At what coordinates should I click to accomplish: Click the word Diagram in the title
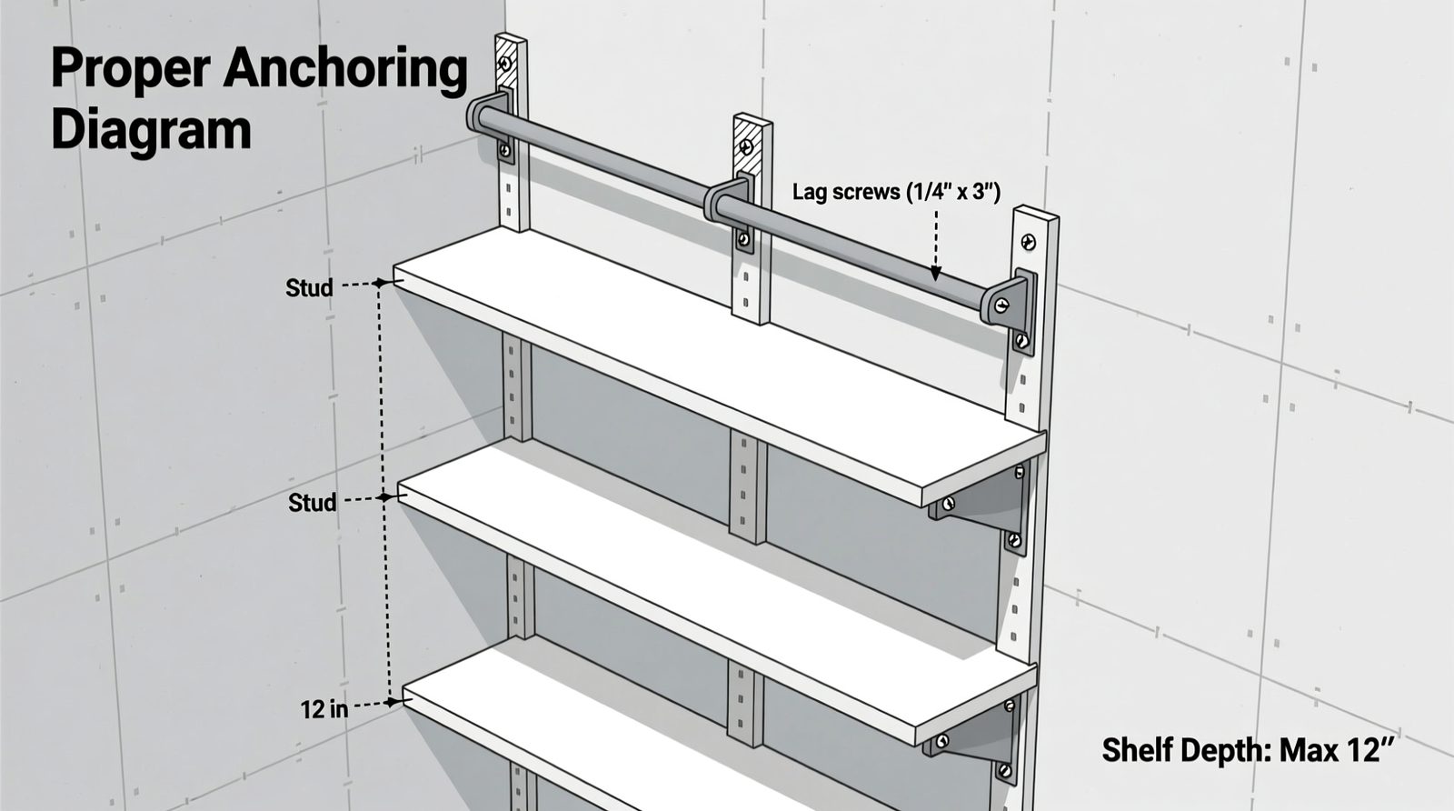(151, 130)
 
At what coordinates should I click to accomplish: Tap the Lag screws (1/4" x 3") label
(896, 192)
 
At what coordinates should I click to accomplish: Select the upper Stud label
(309, 288)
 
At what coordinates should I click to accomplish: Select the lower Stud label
(312, 503)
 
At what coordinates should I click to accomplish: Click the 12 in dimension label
(324, 709)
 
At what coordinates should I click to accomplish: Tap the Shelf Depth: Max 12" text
(1247, 751)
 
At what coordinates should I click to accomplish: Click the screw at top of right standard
(1029, 242)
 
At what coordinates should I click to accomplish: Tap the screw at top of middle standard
(747, 146)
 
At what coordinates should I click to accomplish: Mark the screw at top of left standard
(505, 64)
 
